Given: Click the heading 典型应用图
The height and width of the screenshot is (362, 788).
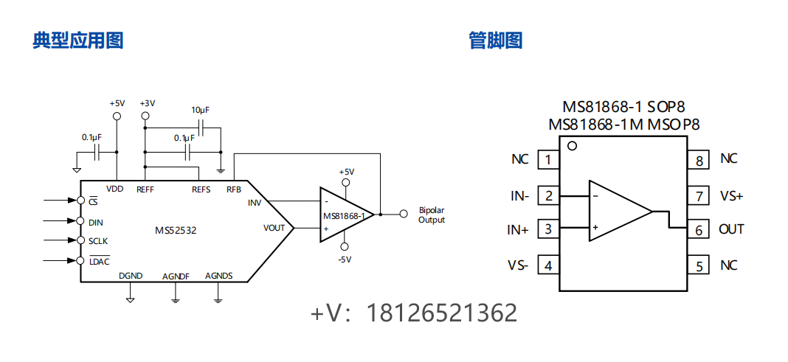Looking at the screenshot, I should [x=77, y=40].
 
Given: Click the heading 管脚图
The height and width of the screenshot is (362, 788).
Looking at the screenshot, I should [x=496, y=40].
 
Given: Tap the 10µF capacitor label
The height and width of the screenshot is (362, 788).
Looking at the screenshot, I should [x=200, y=110].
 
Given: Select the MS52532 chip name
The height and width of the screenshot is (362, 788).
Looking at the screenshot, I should [x=176, y=230].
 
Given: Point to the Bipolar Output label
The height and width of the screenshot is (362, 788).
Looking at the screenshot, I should [x=432, y=215].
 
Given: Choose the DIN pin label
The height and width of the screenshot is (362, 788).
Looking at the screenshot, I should [x=96, y=221].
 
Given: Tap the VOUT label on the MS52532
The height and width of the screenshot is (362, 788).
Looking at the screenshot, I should [x=274, y=228].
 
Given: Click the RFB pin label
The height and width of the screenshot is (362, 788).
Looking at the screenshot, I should [x=234, y=189].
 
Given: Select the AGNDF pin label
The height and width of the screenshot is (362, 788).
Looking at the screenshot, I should [x=176, y=276].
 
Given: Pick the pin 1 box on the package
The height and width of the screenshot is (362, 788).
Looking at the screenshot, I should [x=547, y=159].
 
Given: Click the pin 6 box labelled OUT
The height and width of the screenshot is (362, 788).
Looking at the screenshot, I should [x=698, y=229].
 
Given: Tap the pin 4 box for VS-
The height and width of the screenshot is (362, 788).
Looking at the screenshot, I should [x=547, y=265].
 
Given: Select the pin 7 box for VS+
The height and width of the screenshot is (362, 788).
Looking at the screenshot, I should [x=698, y=196].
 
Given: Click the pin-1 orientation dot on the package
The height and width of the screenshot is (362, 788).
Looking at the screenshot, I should [x=572, y=146].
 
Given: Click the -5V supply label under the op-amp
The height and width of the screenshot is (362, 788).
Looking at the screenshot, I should [x=345, y=260].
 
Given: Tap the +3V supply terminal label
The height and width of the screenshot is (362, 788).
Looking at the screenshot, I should [x=147, y=103].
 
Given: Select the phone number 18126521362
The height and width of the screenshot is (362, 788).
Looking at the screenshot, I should [x=442, y=313].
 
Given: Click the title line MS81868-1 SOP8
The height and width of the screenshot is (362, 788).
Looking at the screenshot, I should [x=623, y=108].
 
